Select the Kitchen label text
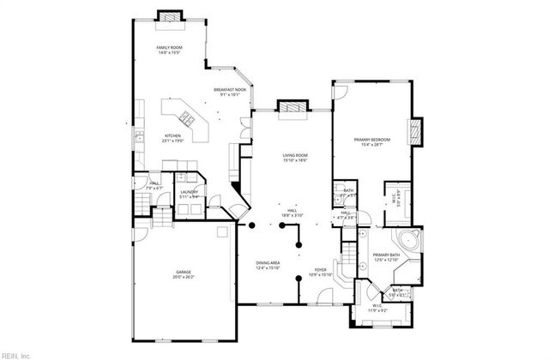tap(173, 136)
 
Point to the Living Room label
tap(295, 155)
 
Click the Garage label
tap(184, 273)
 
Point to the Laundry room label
tap(189, 192)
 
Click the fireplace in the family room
tap(168, 17)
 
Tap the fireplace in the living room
tap(288, 107)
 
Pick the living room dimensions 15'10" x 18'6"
tap(295, 160)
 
